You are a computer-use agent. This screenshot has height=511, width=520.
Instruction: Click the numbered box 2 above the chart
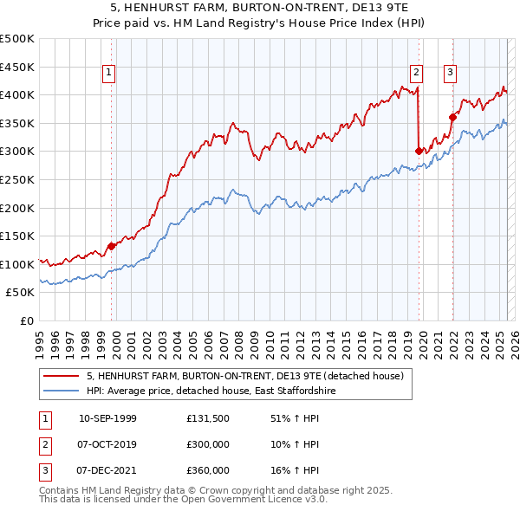coord(417,74)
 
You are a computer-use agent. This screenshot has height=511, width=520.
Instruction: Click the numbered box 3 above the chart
coord(451,74)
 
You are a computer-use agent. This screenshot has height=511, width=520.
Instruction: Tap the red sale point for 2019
coord(419,151)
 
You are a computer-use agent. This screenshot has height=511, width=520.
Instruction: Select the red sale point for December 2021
coord(452,117)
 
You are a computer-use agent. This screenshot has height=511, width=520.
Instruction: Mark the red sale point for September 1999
coord(112,246)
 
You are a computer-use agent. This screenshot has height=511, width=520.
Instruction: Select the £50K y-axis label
coord(21,293)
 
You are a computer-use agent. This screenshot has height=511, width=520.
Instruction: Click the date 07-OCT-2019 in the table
coord(107,444)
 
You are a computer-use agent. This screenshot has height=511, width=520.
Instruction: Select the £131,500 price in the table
coord(208,418)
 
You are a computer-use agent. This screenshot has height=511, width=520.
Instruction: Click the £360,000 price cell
coord(208,470)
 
